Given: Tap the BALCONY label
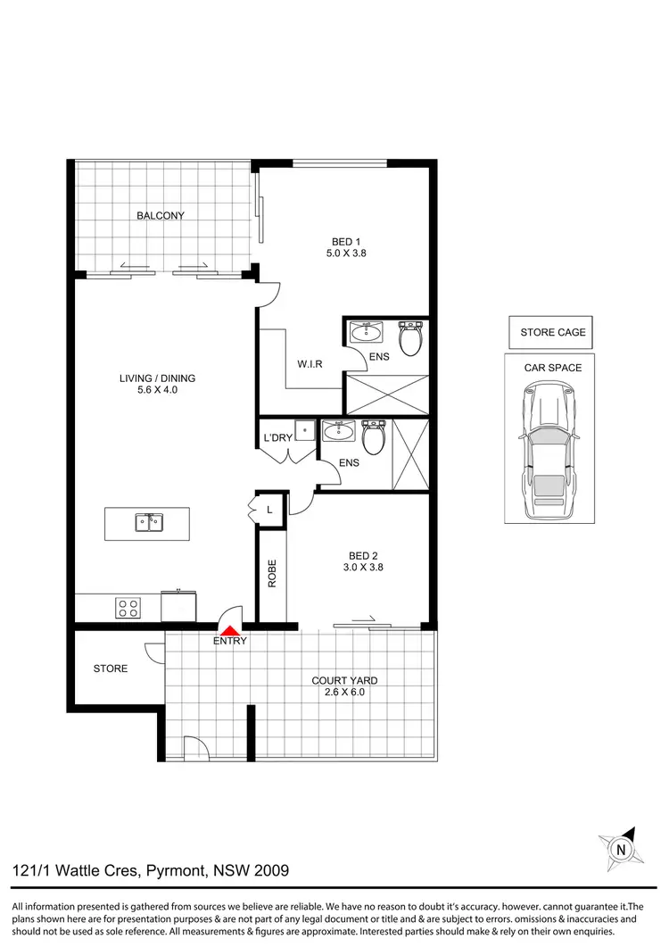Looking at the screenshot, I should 161,215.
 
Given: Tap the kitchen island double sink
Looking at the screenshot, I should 147,522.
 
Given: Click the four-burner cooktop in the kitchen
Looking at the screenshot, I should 128,607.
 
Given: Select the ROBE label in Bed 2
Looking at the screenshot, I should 272,572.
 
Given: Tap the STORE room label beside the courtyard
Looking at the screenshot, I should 111,669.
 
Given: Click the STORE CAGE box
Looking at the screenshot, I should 553,333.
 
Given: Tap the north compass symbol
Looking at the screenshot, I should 621,849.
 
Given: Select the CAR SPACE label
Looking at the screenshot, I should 553,368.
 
